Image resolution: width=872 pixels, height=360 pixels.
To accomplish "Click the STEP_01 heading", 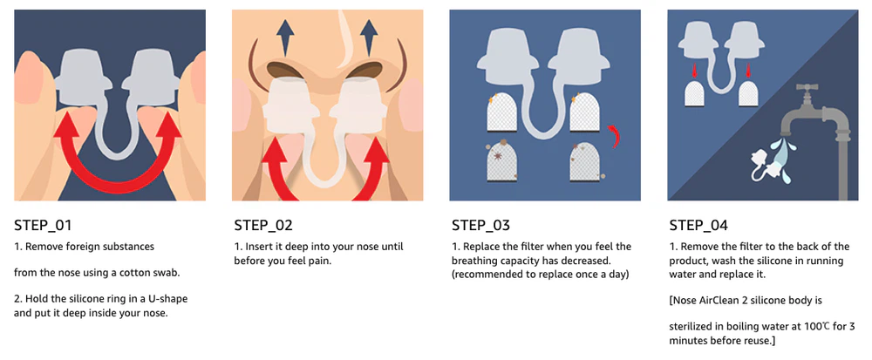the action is (x=43, y=226).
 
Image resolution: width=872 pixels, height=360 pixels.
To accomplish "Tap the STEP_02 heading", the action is (x=263, y=226).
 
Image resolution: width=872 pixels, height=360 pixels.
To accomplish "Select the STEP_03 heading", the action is (x=480, y=226).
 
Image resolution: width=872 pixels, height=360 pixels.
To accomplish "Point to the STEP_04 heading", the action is (x=698, y=226).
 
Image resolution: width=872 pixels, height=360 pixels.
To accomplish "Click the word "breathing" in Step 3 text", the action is (x=471, y=261).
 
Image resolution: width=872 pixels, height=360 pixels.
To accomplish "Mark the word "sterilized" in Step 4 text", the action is (x=689, y=327).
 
